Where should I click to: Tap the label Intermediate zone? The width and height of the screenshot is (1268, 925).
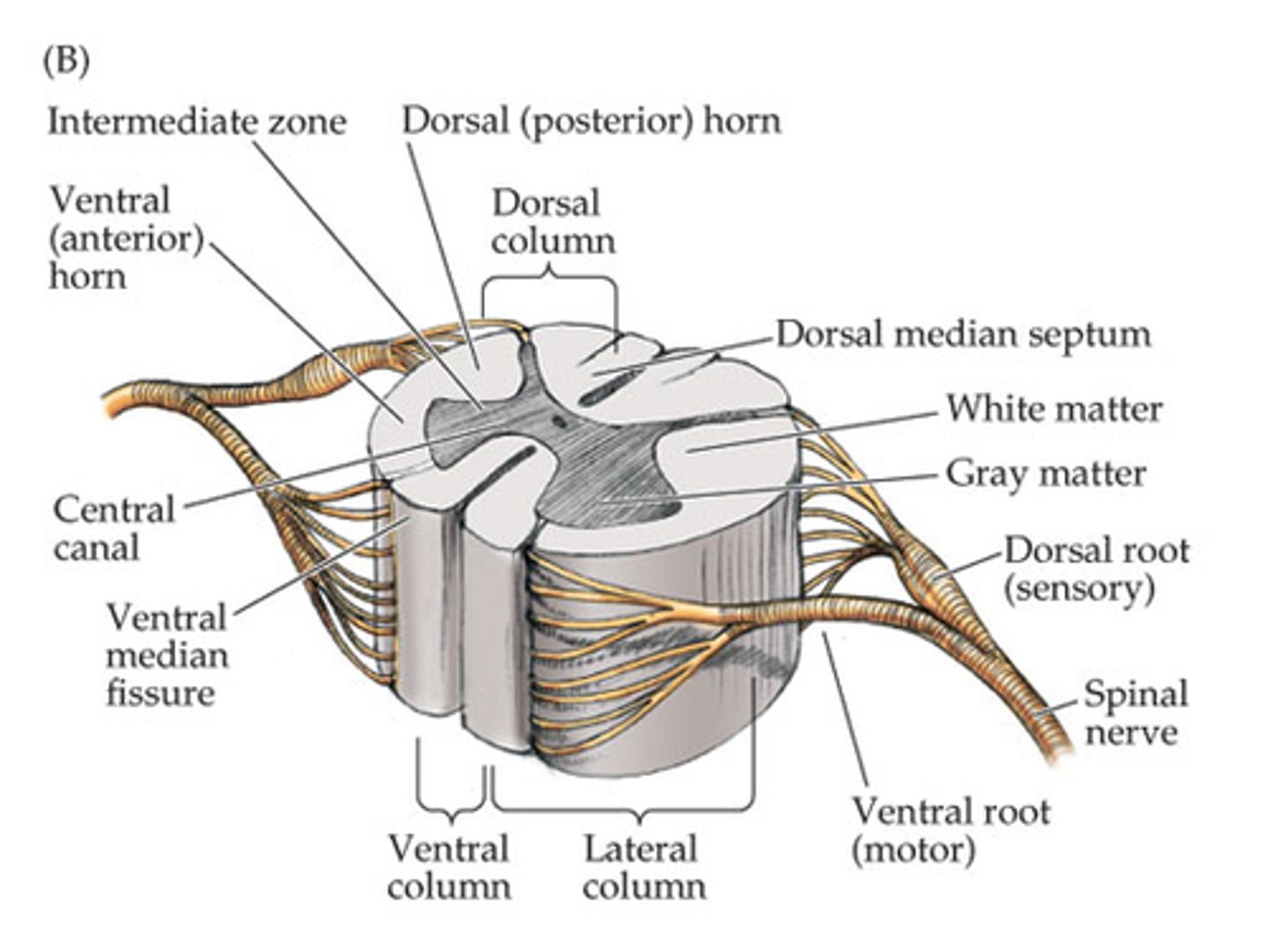tap(196, 121)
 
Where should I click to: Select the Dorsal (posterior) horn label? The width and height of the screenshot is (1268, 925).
tap(591, 121)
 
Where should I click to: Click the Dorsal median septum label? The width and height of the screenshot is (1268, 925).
tap(962, 334)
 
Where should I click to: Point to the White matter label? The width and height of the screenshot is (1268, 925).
tap(1054, 408)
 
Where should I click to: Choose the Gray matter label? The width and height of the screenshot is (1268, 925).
tap(1046, 474)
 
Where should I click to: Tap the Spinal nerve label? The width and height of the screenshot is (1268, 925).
tap(1135, 713)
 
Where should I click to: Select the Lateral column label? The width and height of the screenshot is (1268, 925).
tap(644, 868)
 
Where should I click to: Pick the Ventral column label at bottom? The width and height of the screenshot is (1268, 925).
tap(449, 868)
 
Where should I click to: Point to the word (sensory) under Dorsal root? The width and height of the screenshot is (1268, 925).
tap(1080, 588)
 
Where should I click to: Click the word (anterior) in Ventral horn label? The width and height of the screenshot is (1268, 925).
tap(127, 239)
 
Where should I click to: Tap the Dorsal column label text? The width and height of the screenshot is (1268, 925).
tap(553, 222)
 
